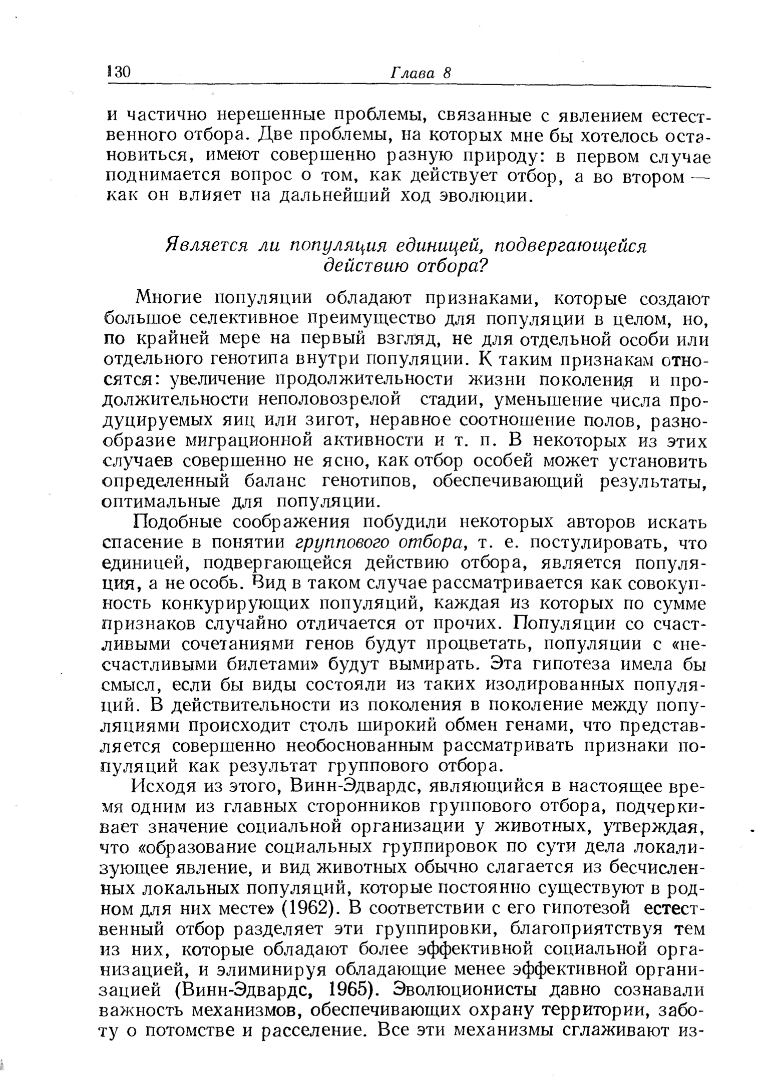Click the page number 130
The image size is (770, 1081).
[x=119, y=72]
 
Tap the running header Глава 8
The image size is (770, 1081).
[x=420, y=73]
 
